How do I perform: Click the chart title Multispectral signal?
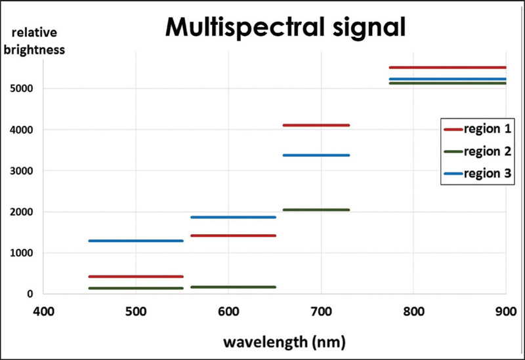tap(285, 28)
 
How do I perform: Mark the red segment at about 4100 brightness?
tap(316, 125)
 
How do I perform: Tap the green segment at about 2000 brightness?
tap(316, 210)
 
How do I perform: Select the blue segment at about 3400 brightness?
tap(316, 155)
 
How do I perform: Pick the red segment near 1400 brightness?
tap(233, 235)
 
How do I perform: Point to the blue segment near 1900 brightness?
tap(233, 217)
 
